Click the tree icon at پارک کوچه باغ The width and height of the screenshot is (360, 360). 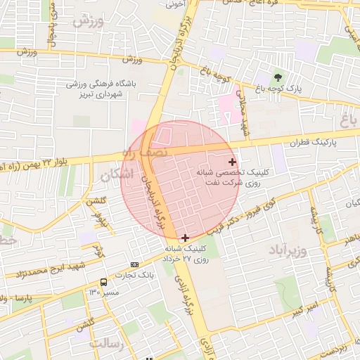point(278,77)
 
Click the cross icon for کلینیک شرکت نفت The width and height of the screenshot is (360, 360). point(233,162)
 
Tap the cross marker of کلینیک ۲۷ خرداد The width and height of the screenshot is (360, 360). point(185,238)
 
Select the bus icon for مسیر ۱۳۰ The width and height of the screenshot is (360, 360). point(104,282)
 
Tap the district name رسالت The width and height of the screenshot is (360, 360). point(106,344)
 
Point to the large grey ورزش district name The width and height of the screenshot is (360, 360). point(87,20)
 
